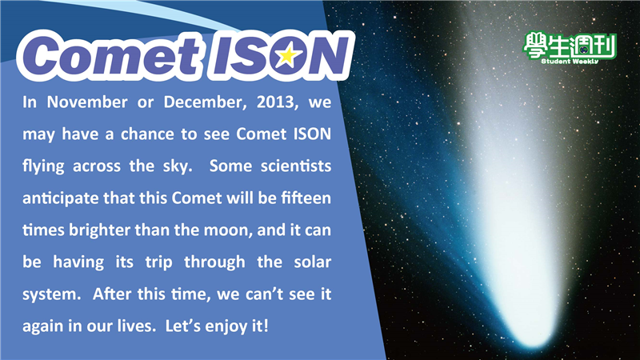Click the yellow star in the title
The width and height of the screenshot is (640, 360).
tap(288, 55)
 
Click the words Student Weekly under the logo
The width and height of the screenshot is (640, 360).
tap(570, 62)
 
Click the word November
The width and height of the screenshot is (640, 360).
tap(87, 102)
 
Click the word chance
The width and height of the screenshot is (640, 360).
tap(147, 134)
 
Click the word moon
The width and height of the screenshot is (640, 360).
tap(228, 230)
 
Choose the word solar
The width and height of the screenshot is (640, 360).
tap(312, 262)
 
